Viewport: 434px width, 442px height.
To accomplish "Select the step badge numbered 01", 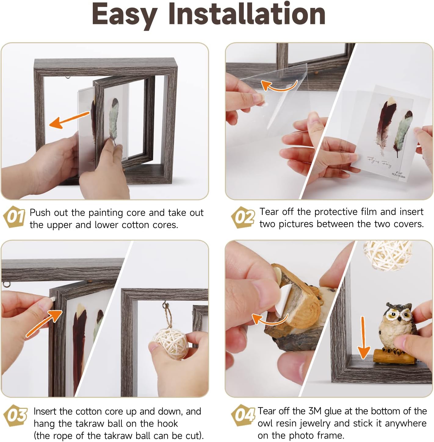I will pos(14,217).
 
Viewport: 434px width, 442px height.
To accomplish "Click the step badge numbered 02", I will pos(243,217).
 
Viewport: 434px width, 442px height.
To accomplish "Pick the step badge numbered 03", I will pos(15,415).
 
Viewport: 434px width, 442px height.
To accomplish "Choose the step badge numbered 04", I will pos(243,415).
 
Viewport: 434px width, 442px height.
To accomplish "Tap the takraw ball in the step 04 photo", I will pos(388,255).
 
